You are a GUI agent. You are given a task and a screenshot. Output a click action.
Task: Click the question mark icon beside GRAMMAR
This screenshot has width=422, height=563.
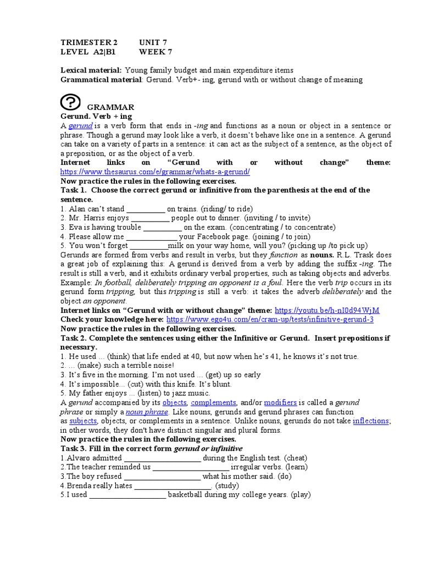[x=70, y=102]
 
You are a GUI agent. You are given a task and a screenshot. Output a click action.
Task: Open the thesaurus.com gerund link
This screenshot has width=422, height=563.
[x=155, y=172]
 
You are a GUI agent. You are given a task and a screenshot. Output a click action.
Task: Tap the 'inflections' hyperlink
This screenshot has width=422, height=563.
[x=371, y=421]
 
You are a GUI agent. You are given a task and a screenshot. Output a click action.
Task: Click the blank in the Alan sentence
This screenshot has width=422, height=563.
[x=146, y=209]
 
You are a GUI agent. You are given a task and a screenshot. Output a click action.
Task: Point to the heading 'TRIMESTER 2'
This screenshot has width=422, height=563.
[x=89, y=42]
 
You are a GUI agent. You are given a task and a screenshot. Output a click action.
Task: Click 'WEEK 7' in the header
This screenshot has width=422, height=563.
[x=156, y=52]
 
